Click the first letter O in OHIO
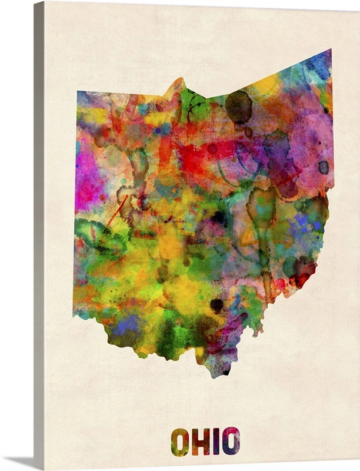tap(180, 441)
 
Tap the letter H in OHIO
tap(201, 441)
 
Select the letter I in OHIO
tap(216, 441)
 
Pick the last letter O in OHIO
tap(231, 441)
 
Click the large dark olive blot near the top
tap(239, 107)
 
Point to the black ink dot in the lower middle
tap(216, 305)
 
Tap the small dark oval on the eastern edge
tap(324, 167)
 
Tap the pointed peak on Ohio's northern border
tap(179, 79)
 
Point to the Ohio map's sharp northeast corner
tap(331, 50)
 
